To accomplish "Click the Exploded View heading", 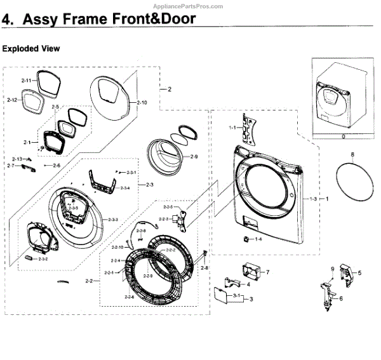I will coord(32,48).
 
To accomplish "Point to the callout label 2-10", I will coord(141,102).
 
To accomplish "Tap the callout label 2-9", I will coord(194,156).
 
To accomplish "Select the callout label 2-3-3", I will coord(113,219).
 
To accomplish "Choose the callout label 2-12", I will coord(12,100).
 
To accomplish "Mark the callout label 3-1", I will coord(236,296).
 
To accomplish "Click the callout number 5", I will coord(359,273).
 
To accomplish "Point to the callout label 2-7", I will coord(11,165).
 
